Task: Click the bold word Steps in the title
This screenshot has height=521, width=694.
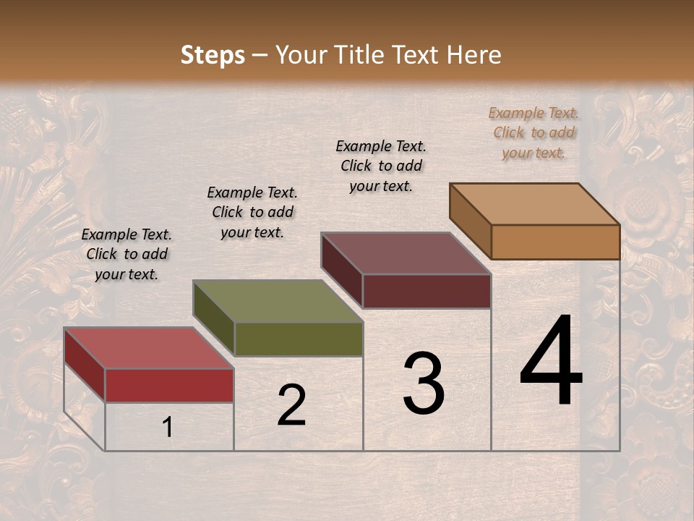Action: click(213, 55)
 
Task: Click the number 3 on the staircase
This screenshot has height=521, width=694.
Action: click(423, 384)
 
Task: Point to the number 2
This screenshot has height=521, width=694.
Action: click(291, 405)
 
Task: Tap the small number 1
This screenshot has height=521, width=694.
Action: click(168, 427)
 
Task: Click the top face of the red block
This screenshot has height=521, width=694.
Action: click(148, 348)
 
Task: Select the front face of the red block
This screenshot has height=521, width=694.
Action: click(169, 385)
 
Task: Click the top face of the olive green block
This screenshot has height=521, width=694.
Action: click(278, 301)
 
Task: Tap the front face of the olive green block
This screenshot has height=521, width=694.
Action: click(299, 339)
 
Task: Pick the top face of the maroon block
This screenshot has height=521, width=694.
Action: click(406, 253)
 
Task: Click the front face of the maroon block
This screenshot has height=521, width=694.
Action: click(427, 291)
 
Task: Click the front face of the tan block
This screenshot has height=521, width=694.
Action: click(555, 242)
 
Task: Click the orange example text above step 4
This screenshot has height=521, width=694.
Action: click(534, 132)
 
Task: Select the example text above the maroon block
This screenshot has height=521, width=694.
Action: click(381, 166)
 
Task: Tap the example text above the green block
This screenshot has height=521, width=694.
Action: click(252, 212)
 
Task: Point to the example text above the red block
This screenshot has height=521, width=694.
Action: click(127, 254)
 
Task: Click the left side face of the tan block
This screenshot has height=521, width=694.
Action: click(471, 221)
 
